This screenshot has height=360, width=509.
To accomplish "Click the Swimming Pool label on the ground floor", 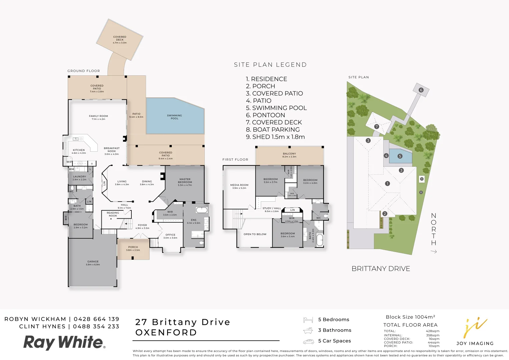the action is coord(174,117).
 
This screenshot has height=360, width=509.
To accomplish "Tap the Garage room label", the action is coord(93,263).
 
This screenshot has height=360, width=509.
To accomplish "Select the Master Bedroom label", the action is coord(185,182).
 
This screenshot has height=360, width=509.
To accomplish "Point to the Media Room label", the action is coord(239,186).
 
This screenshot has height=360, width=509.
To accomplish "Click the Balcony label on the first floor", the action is coord(289,155).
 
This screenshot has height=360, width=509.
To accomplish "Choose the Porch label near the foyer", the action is coord(133,248).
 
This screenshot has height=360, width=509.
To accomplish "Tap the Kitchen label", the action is coord(79,151).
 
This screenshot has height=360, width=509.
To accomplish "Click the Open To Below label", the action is coord(255,234).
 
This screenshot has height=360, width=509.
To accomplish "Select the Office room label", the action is coord(170,236).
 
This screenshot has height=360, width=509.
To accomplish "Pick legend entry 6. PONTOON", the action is coord(266,115).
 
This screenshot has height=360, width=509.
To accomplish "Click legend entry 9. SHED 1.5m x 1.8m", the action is coord(275,137).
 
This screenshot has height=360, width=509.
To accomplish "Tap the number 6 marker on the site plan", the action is coord(421,90).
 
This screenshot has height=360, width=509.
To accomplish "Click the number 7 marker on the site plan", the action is coord(377,127).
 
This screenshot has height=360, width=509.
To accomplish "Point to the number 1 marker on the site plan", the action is coord(387,183).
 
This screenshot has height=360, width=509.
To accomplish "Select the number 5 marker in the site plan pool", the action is coord(400,156).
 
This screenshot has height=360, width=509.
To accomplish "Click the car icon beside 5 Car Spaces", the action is coord(309,341).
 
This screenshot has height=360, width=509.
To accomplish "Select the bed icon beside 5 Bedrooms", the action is coord(308,320).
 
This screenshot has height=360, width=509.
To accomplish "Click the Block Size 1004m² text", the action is coord(410,317).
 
